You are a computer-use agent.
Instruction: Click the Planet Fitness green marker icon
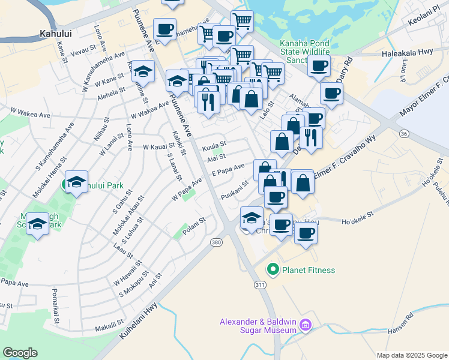274,270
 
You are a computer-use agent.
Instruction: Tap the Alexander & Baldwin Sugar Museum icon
306,325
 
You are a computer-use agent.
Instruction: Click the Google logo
20,353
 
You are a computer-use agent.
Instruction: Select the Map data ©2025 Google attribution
411,355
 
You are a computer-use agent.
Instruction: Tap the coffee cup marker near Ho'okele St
306,232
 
